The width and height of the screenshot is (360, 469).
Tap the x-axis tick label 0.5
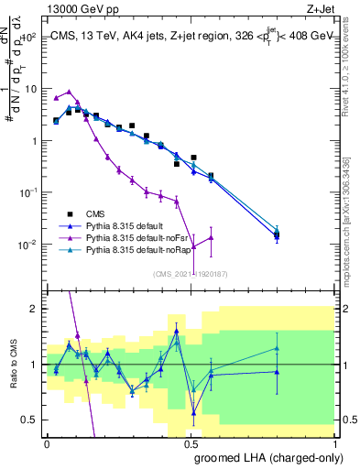tap(190, 443)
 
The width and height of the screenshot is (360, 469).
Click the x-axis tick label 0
tap(47, 443)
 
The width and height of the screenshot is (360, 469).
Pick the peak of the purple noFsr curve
tap(70, 92)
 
